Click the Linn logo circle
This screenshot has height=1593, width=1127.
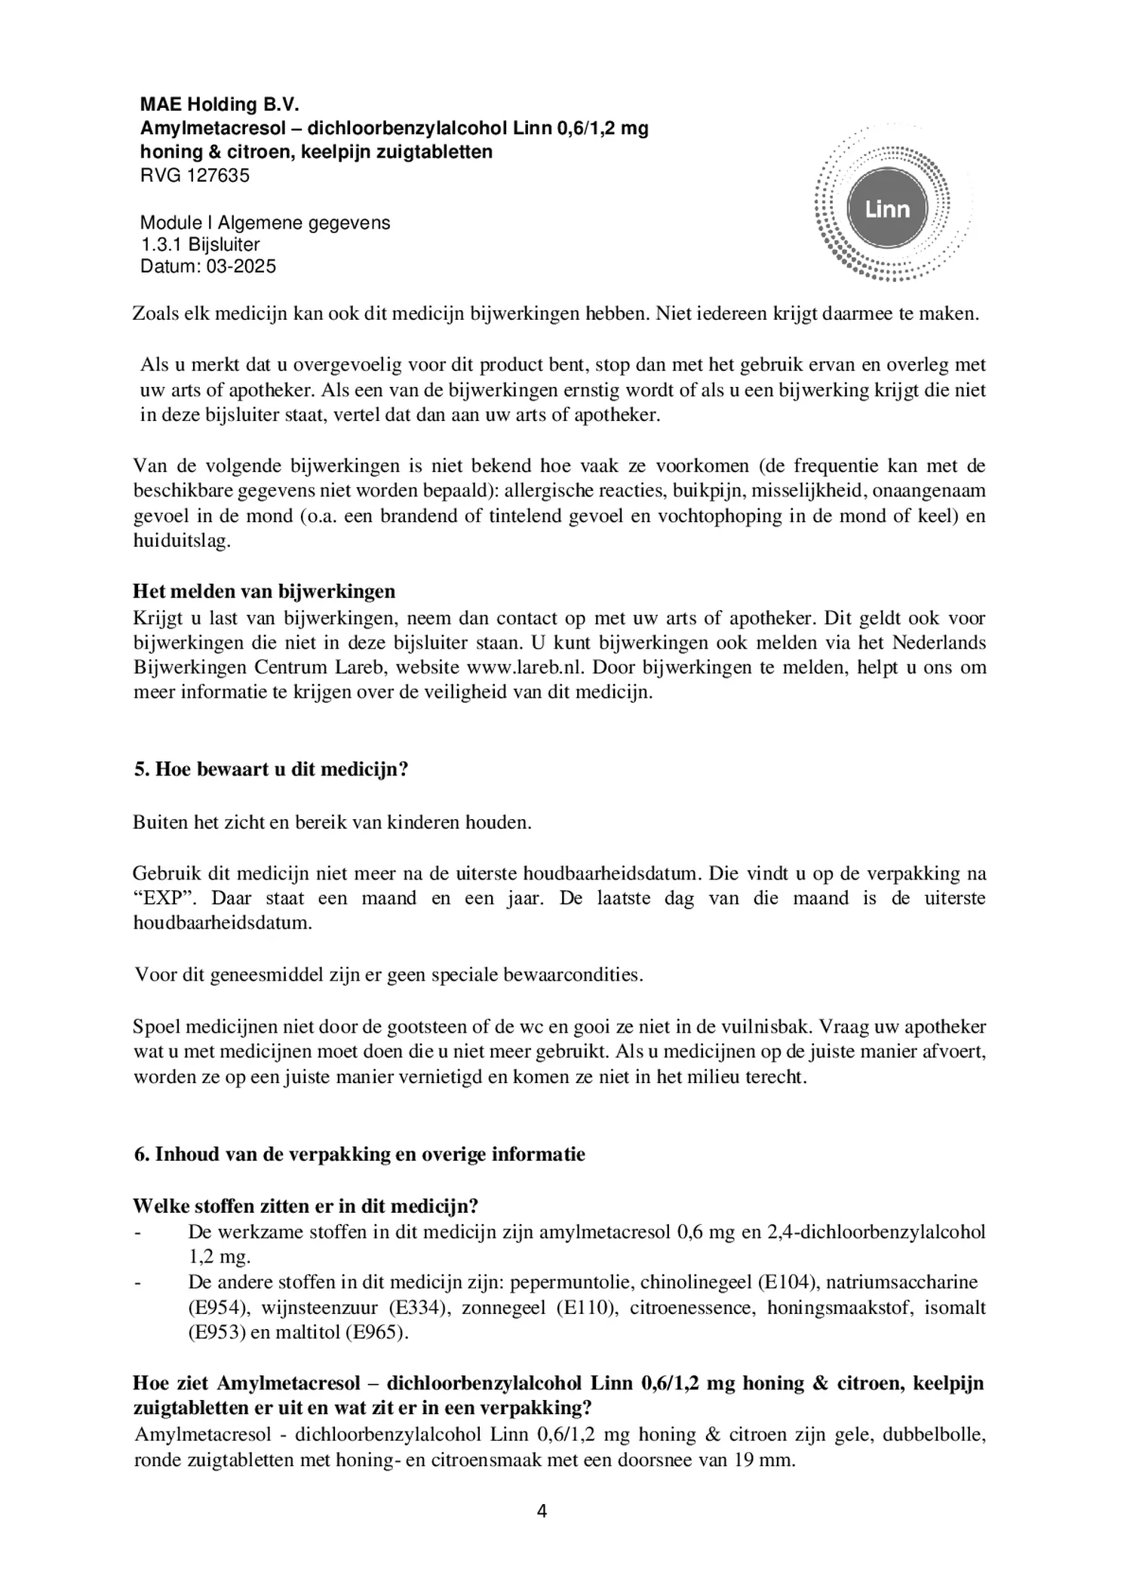point(887,209)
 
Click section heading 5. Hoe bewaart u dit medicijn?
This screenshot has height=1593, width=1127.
point(271,770)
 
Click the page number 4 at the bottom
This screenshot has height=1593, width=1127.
point(563,1511)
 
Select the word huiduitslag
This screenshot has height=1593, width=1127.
point(180,542)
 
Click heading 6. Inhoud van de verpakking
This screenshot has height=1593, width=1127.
point(359,1155)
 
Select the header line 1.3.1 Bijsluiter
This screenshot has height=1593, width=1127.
point(200,244)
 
